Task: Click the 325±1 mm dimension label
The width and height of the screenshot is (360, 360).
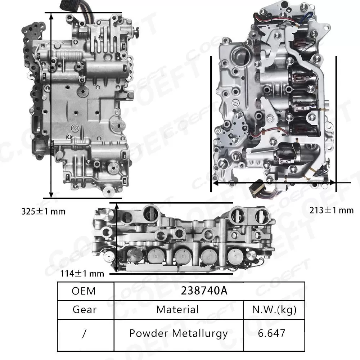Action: point(43,211)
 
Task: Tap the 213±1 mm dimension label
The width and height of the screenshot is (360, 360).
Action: point(332,210)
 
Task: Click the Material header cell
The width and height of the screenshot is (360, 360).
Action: point(177,309)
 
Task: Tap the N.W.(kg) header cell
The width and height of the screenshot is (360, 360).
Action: point(274,309)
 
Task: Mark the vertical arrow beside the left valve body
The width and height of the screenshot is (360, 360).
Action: point(52,104)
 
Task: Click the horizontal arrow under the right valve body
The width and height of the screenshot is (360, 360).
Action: point(274,183)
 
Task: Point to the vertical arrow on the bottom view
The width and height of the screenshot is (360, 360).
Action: point(116,238)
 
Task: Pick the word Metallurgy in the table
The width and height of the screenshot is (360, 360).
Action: point(200,333)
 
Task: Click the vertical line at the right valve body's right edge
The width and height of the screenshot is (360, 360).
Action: point(336,122)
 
